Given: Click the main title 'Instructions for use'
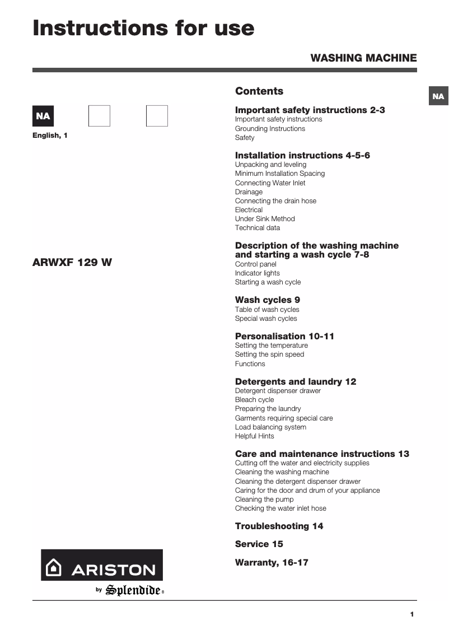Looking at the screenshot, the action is click(143, 28).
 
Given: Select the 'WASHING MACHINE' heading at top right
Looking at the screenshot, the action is click(363, 58).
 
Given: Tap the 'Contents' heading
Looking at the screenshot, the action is click(259, 91).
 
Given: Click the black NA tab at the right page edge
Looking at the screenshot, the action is click(438, 96).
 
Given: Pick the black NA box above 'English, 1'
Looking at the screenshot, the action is click(43, 116).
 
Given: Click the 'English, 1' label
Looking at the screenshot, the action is click(50, 136).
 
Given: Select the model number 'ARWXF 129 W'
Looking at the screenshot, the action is click(72, 262).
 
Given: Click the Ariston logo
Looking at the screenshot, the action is click(101, 565).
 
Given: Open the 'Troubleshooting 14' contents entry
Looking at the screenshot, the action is click(279, 526).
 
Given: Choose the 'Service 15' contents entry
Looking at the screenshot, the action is click(259, 544).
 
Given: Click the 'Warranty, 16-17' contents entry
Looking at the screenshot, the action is click(272, 562).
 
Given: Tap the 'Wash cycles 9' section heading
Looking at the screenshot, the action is click(268, 300).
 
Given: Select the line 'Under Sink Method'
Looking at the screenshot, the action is click(265, 219).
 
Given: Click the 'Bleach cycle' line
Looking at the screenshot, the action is click(255, 400).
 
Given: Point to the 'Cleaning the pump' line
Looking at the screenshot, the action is click(264, 499).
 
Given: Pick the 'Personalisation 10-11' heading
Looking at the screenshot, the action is click(284, 336).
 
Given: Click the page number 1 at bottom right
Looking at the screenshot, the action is click(412, 614).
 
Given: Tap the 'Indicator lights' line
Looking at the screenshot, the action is click(258, 273).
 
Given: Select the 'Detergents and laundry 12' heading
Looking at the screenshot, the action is click(296, 381).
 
